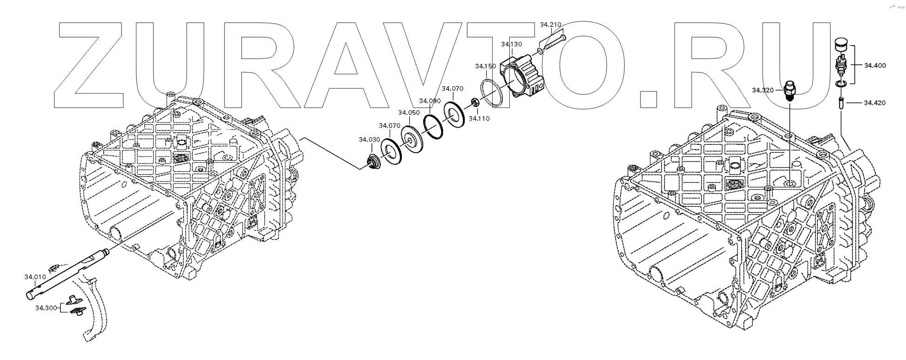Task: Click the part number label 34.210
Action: click(x=550, y=24)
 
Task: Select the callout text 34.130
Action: click(x=511, y=44)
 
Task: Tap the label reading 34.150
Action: click(x=485, y=67)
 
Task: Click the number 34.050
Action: click(x=408, y=113)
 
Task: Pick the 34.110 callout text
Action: click(x=479, y=119)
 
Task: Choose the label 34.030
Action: click(x=369, y=140)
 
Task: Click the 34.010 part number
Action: click(x=35, y=277)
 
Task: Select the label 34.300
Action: click(x=46, y=308)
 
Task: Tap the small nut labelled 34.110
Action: click(x=474, y=102)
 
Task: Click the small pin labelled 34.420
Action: click(x=841, y=102)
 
